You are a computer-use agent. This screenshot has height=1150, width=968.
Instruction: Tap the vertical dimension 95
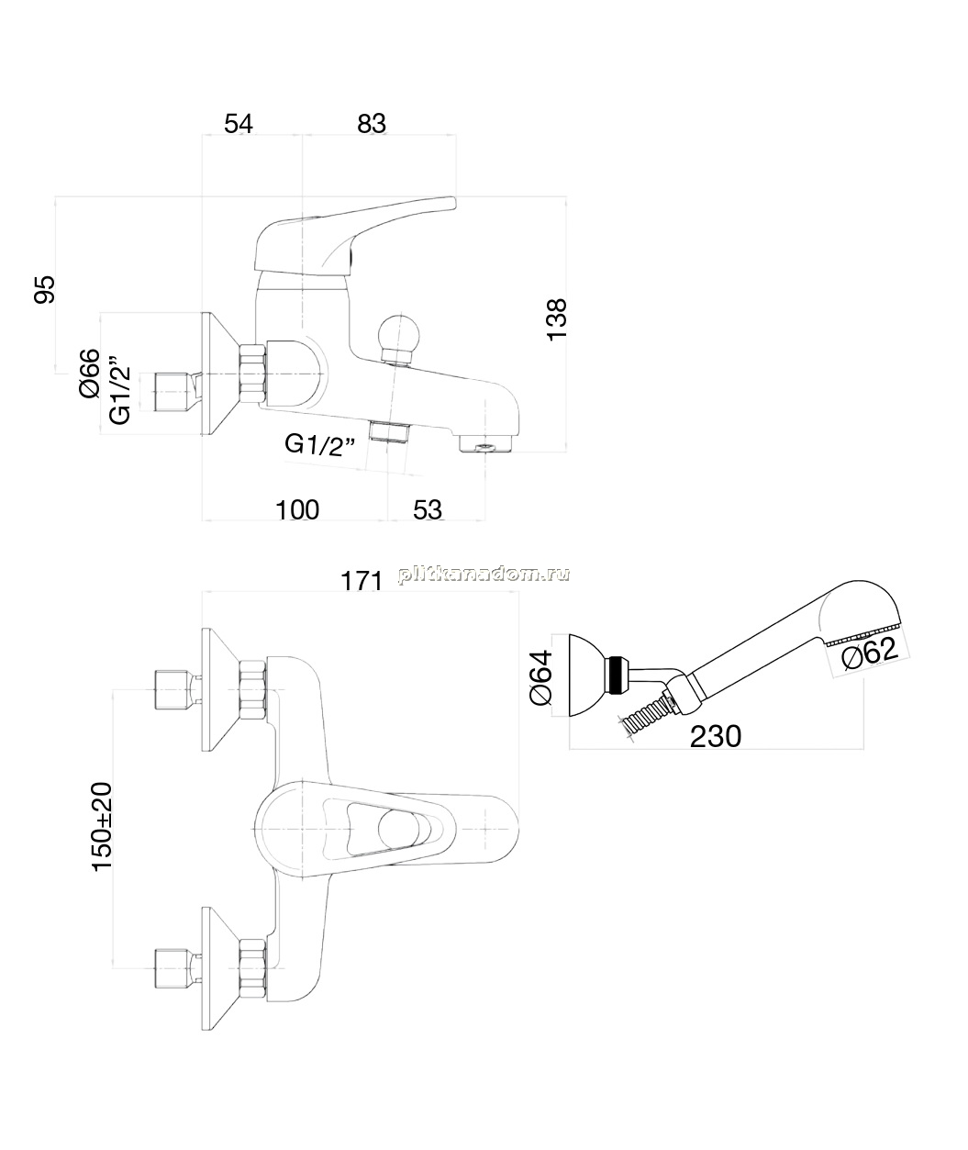click(x=45, y=289)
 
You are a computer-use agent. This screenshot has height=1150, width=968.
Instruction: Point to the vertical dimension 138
click(x=557, y=319)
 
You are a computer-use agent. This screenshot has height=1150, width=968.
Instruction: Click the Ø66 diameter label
click(x=89, y=373)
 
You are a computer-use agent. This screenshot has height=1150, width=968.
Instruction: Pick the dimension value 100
click(x=297, y=510)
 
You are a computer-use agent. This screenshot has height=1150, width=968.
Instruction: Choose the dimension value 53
click(x=428, y=510)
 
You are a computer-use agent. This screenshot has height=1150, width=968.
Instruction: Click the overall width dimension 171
click(x=362, y=581)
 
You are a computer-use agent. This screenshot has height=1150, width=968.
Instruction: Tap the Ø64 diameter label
click(x=540, y=677)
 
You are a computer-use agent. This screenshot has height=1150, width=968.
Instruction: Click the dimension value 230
click(x=716, y=736)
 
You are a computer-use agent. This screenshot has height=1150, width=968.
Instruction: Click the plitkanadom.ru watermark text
click(x=484, y=575)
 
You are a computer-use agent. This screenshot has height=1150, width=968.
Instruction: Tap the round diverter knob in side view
click(x=399, y=336)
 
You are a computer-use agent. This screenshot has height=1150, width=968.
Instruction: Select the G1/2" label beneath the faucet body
click(x=320, y=444)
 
